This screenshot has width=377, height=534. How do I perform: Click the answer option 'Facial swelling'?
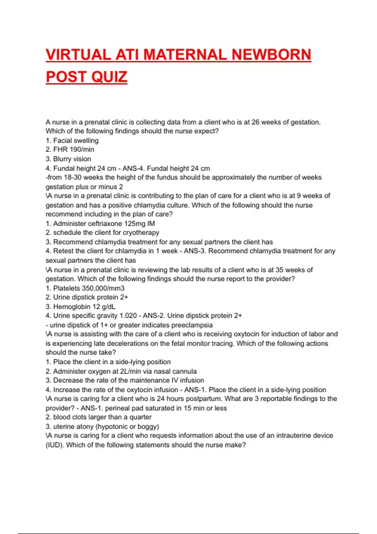(x=76, y=140)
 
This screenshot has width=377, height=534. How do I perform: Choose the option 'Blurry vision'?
(x=72, y=159)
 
